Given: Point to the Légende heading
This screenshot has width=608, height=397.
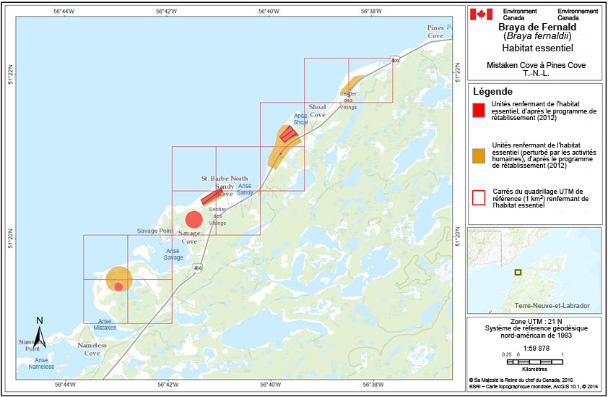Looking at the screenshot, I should tap(492, 92).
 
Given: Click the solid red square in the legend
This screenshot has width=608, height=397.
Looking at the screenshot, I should tap(477, 111).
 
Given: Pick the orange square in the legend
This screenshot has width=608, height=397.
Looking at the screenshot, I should tap(477, 155).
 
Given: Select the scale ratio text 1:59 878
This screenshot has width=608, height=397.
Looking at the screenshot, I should tap(534, 347).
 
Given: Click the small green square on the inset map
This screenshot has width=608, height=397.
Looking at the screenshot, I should tap(518, 272).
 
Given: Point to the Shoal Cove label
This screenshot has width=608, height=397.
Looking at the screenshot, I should tap(318, 111).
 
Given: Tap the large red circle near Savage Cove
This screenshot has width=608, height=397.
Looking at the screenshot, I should tap(194, 219).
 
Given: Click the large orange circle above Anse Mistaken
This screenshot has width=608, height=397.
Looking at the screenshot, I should tap(118, 278).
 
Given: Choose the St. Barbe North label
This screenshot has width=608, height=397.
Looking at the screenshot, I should tap(225, 178).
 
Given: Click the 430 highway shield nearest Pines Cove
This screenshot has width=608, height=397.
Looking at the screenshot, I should tap(394, 61).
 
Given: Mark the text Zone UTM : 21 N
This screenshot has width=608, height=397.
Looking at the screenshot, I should tap(534, 321).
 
